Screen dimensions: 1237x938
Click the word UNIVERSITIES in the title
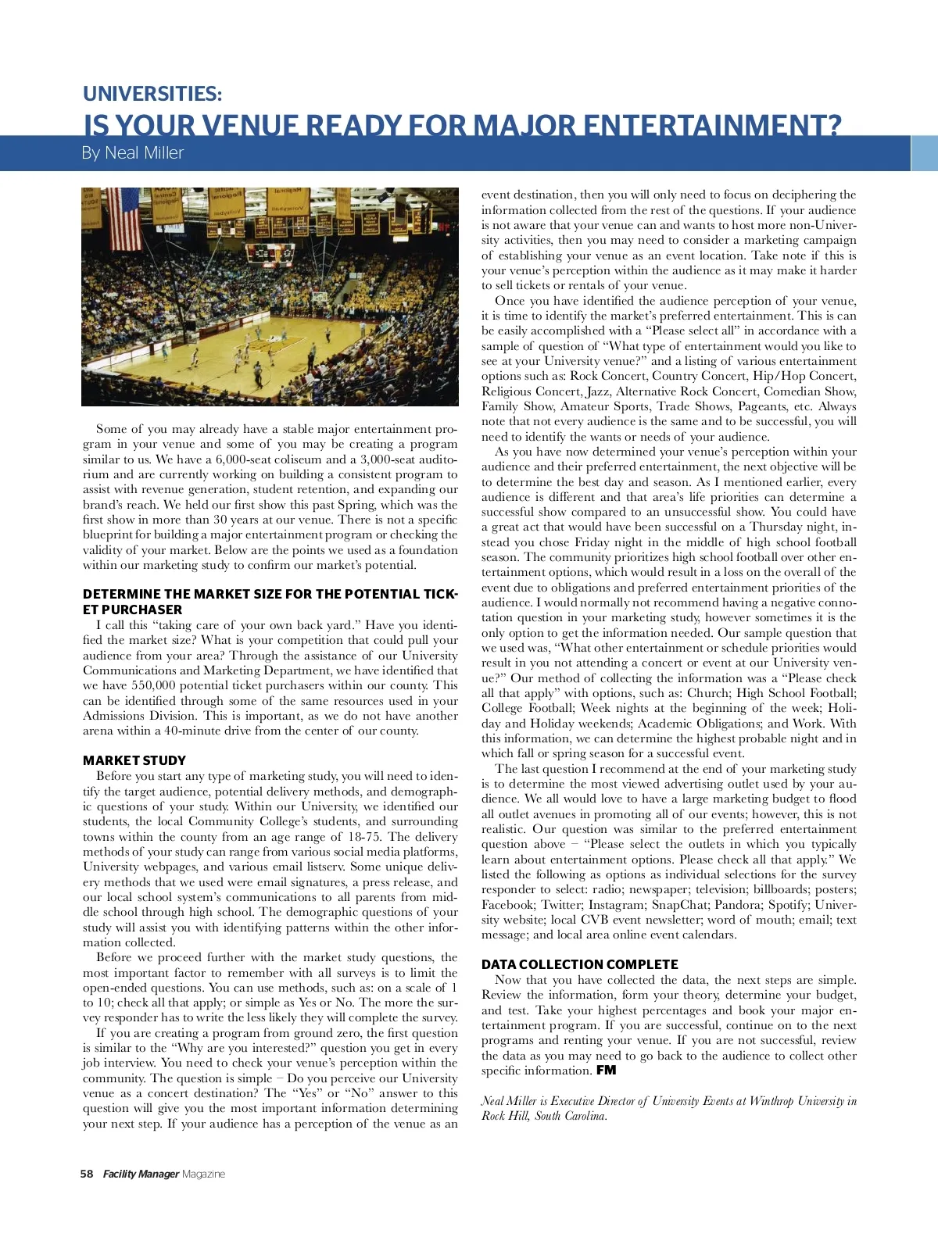point(152,94)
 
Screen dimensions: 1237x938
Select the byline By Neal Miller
point(132,153)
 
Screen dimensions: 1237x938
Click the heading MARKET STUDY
point(134,760)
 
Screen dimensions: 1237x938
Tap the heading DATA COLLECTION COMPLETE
point(579,964)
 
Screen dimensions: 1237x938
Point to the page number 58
point(87,1174)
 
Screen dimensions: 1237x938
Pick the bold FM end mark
point(606,1071)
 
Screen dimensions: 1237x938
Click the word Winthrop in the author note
point(771,1101)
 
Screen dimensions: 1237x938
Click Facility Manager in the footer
point(141,1174)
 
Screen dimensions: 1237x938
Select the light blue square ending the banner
point(925,153)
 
